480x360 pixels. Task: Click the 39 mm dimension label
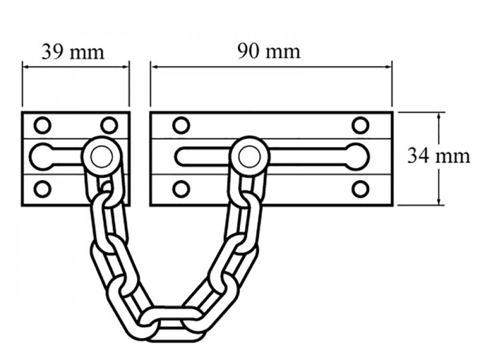tap(72, 52)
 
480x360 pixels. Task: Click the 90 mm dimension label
tap(269, 51)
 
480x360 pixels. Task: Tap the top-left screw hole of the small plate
tap(42, 125)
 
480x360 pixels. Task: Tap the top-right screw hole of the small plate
tap(109, 125)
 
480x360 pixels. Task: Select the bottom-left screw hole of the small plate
tap(42, 188)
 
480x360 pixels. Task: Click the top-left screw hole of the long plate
tap(181, 125)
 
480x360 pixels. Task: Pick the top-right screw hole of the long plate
tap(360, 125)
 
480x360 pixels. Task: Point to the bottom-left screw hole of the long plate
tap(181, 189)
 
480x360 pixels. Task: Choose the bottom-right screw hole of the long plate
tap(360, 189)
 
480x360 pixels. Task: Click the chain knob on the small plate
tap(100, 155)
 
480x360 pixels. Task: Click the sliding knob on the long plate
tap(248, 155)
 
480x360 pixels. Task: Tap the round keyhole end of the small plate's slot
tap(42, 156)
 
